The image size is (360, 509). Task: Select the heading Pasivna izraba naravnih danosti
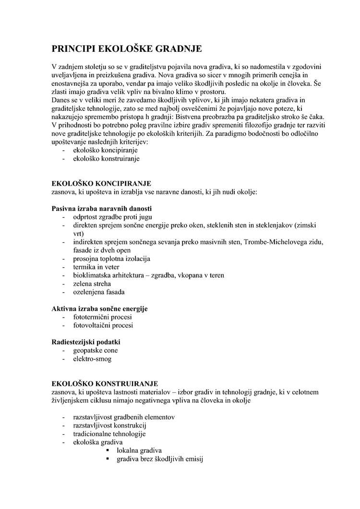101,209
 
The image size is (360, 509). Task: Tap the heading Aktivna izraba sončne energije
99,308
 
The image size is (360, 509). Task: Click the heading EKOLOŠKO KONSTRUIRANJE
105,384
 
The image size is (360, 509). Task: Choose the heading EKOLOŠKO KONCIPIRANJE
101,184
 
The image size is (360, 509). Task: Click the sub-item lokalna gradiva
139,450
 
